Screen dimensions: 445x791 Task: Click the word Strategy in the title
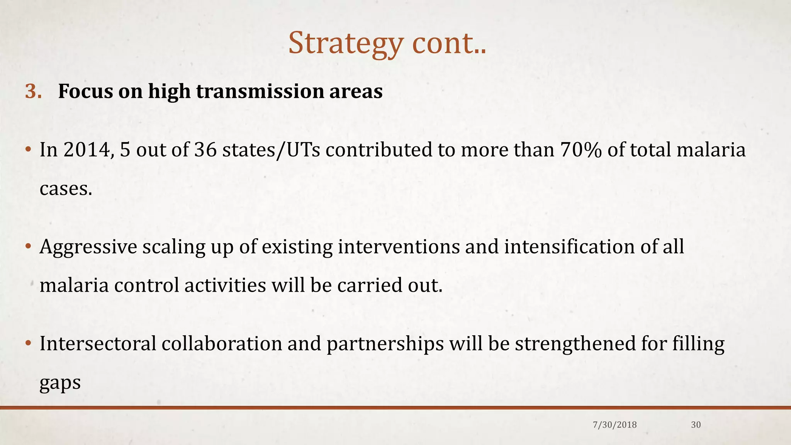coord(345,44)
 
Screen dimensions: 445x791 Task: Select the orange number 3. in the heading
coord(33,92)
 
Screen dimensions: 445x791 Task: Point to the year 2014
coord(88,150)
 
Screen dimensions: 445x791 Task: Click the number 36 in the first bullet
coord(205,150)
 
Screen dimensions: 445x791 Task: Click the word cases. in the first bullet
coord(66,189)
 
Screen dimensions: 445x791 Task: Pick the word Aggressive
coord(88,247)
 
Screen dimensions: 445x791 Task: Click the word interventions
coord(399,247)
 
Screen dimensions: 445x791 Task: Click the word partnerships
coord(385,344)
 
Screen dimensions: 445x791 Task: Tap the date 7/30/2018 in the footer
coord(614,425)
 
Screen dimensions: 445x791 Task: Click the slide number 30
coord(696,425)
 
